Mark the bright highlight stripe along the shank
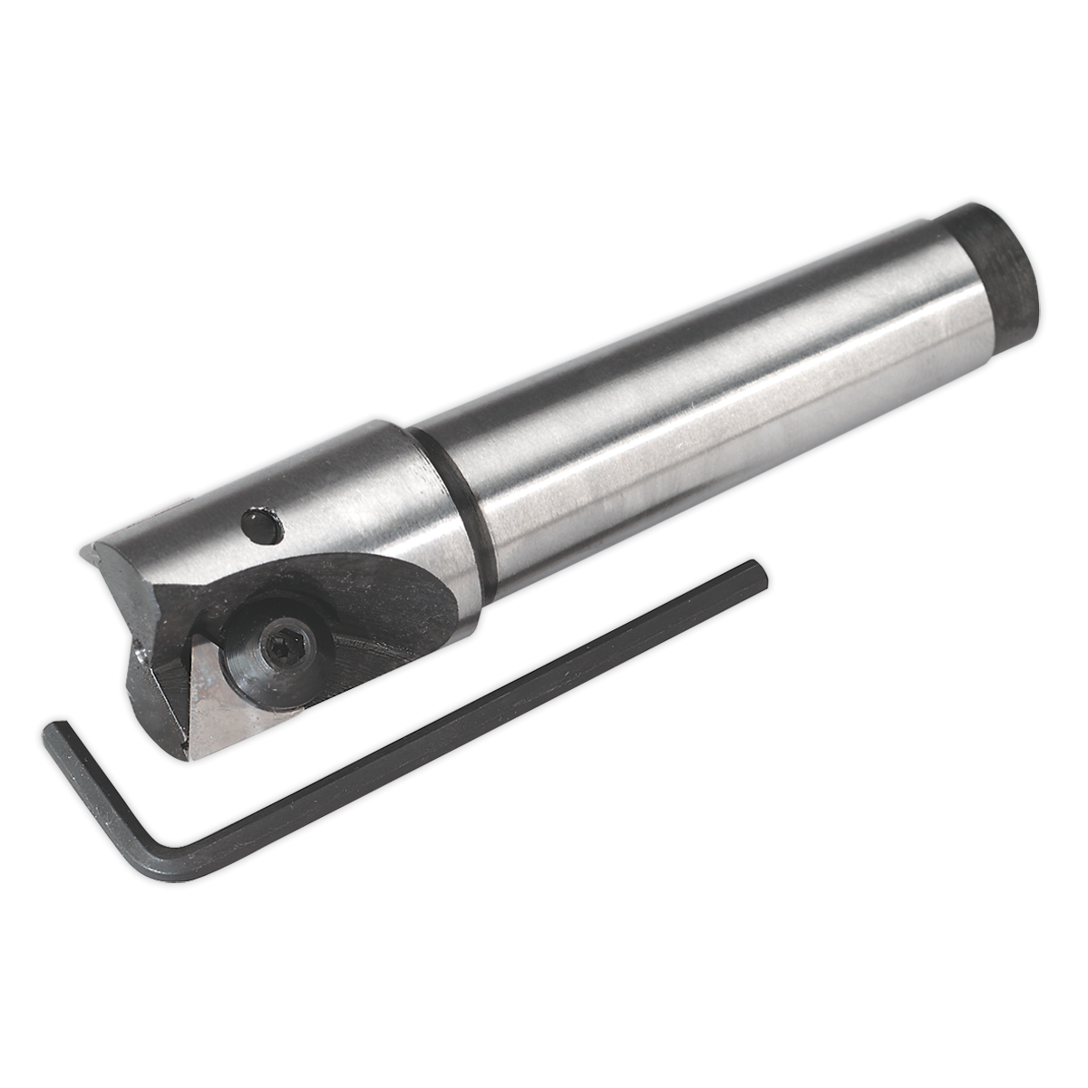[689, 426]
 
